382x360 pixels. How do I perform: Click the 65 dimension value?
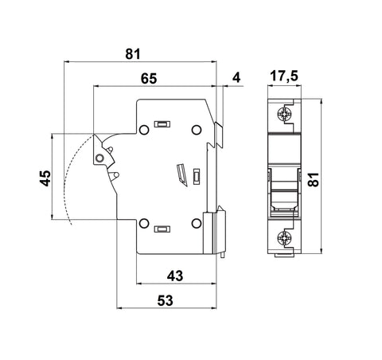149,79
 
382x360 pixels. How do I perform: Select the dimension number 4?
236,78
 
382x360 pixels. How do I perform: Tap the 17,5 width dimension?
284,76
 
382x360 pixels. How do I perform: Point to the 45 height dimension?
45,178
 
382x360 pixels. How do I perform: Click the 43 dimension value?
175,276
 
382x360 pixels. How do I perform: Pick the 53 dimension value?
165,301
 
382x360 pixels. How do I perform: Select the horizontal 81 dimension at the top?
133,54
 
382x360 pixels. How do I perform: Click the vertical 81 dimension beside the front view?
314,180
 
